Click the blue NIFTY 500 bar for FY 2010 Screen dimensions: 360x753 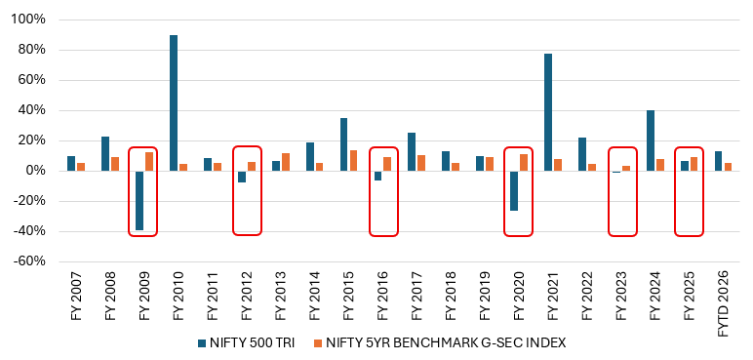[174, 102]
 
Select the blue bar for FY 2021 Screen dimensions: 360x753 [548, 112]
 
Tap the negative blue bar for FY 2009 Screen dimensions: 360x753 [139, 200]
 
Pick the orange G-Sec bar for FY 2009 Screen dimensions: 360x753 [149, 162]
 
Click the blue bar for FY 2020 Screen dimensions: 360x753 [514, 190]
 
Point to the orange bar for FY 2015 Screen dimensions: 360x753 [354, 161]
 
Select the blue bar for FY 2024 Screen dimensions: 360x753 [651, 140]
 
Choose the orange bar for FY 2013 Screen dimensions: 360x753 [286, 162]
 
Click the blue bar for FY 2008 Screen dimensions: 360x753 [105, 154]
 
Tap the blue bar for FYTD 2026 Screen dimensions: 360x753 [719, 161]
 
